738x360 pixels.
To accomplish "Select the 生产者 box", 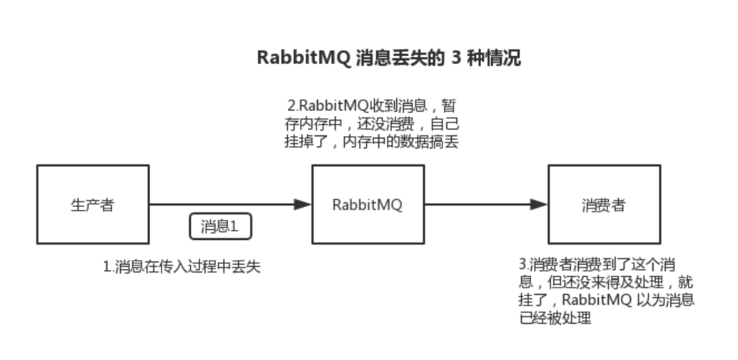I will [93, 205].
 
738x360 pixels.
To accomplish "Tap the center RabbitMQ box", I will [368, 205].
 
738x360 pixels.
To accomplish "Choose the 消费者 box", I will [605, 205].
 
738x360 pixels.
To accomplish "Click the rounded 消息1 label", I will [221, 226].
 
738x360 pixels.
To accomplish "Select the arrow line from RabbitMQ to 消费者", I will [477, 205].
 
